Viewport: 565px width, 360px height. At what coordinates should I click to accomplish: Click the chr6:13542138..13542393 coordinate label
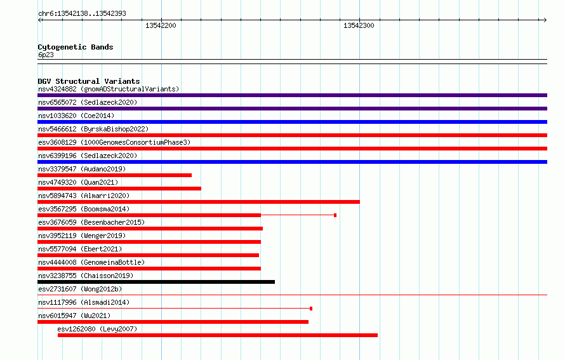82,13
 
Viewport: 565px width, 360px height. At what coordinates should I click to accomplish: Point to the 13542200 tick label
161,25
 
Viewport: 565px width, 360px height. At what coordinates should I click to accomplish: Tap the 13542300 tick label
359,25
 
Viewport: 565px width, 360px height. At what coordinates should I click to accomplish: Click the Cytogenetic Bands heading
76,47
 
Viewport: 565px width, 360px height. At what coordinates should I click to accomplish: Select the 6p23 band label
46,55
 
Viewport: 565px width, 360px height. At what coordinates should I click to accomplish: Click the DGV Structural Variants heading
89,81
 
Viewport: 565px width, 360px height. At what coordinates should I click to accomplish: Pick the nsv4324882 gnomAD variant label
109,89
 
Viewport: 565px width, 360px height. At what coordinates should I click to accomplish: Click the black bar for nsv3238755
156,282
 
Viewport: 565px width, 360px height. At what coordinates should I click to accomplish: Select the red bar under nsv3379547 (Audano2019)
114,175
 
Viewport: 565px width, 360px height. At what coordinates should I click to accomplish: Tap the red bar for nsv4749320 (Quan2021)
119,189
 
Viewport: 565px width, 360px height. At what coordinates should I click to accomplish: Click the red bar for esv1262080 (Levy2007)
218,335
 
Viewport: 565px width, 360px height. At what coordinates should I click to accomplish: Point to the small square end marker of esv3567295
335,215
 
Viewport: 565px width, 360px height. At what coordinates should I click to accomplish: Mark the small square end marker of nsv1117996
311,309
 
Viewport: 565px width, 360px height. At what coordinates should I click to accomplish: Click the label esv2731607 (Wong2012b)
80,289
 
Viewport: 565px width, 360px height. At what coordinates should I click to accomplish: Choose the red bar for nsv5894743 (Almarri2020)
199,202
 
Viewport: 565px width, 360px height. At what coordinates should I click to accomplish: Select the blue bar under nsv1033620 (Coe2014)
292,122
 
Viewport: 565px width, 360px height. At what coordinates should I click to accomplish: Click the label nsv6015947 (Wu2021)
74,316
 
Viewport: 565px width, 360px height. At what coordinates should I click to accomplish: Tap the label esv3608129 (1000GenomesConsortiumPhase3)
114,142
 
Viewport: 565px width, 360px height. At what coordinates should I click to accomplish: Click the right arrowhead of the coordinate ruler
545,20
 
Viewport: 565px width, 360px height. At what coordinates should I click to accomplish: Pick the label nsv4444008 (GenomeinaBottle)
91,262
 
